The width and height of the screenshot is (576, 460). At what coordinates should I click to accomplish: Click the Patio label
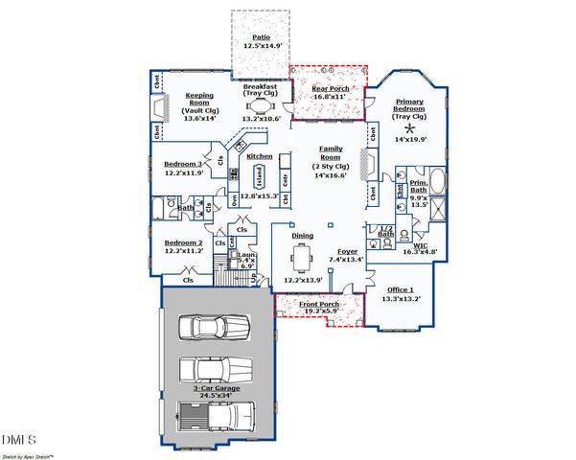[261, 38]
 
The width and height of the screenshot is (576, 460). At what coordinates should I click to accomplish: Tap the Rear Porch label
[331, 89]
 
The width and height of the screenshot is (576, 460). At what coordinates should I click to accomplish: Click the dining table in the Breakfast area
[260, 106]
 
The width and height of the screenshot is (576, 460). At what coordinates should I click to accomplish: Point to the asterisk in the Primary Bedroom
[413, 126]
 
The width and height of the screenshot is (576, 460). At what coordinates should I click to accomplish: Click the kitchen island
[259, 176]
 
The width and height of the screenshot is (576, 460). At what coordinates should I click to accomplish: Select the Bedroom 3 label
[182, 164]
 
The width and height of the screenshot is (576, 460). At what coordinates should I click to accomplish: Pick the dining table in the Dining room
[303, 259]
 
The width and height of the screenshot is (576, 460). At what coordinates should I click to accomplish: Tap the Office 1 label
[401, 288]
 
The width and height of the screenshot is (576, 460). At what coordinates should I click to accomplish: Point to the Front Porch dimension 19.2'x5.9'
[319, 311]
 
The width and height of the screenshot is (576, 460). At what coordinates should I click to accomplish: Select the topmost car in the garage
[215, 326]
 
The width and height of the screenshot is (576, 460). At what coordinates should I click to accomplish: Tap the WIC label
[420, 245]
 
